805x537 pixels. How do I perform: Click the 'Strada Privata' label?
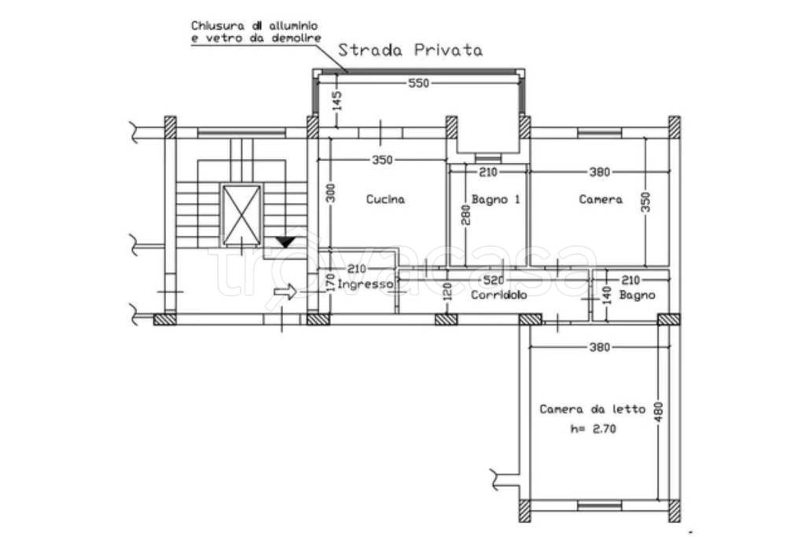(410, 50)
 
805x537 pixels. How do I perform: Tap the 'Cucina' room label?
(385, 199)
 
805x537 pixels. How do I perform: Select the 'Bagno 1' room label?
(495, 199)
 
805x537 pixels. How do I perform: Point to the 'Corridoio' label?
(498, 295)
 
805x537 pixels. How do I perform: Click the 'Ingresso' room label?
(365, 285)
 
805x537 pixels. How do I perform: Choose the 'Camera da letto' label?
(592, 409)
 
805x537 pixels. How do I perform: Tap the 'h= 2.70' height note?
(593, 428)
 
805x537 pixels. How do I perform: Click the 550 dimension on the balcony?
(418, 83)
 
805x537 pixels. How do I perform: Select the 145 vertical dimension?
(336, 101)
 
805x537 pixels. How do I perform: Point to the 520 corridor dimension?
(494, 281)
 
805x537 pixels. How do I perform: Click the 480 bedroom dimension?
(659, 412)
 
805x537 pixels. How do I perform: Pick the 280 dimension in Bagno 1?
(465, 215)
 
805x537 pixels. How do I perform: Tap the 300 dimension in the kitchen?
(331, 193)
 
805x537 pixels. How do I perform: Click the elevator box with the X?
(241, 214)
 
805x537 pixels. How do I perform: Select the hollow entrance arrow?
(285, 292)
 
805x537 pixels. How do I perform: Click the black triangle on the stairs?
(285, 242)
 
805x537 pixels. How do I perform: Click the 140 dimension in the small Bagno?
(606, 295)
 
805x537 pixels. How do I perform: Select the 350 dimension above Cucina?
(383, 160)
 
